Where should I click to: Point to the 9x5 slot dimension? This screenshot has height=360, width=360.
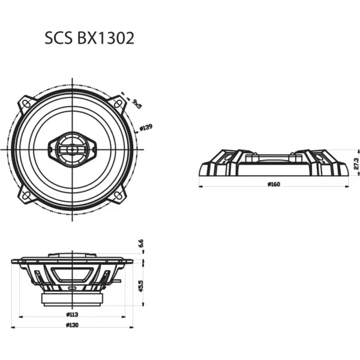pos(136,104)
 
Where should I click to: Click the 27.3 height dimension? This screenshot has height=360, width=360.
pos(355,163)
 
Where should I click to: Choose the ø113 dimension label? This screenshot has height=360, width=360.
pos(73,314)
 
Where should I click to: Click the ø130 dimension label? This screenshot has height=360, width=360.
pos(73,325)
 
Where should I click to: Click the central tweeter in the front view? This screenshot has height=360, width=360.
pos(73,148)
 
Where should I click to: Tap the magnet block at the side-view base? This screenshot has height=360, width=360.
pos(72,298)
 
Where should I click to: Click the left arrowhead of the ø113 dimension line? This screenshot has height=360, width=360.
pos(21,316)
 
